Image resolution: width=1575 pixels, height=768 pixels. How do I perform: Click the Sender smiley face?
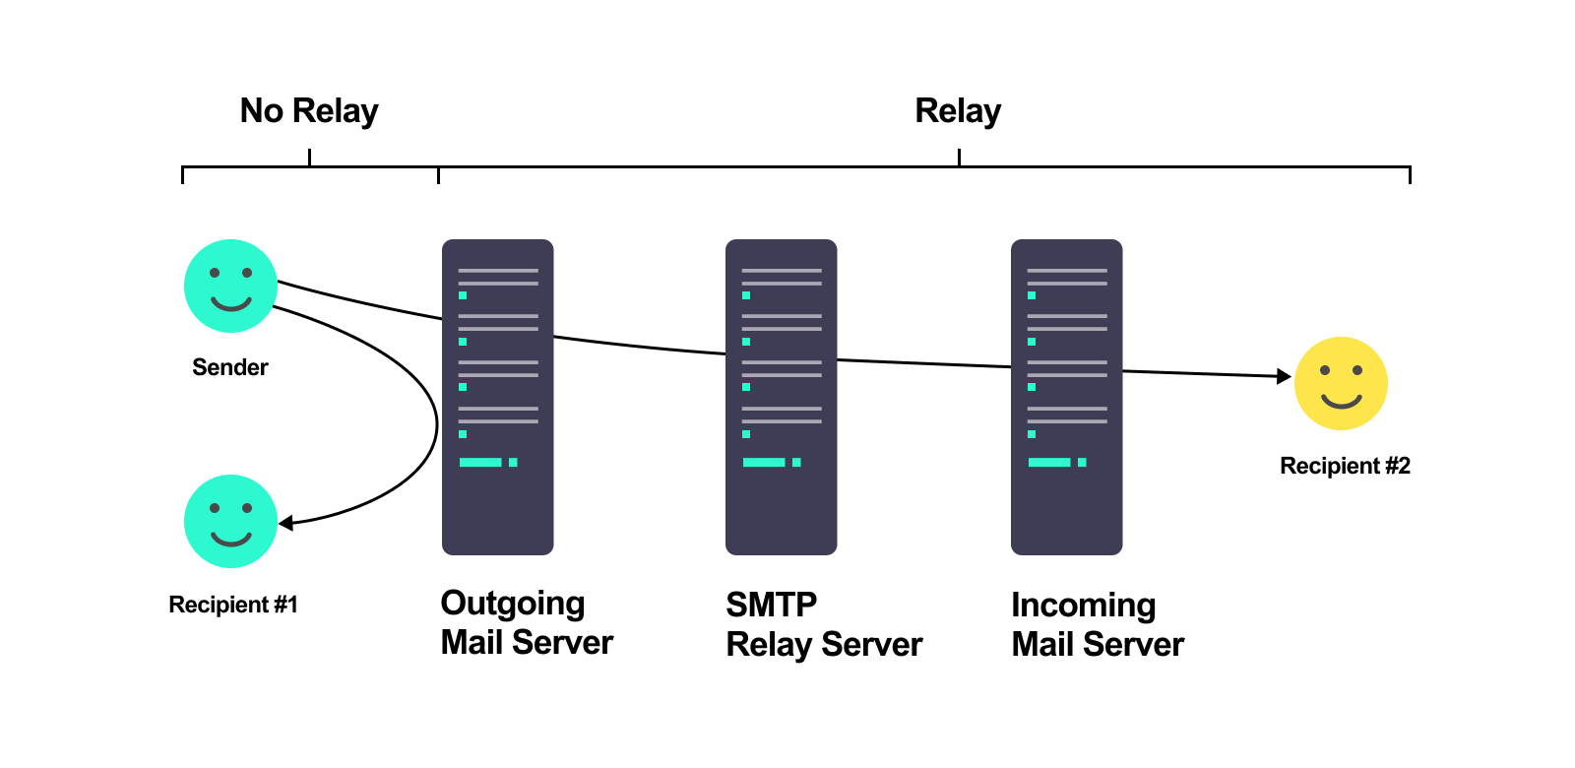click(230, 286)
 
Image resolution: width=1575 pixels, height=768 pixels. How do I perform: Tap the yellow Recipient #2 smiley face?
click(1341, 383)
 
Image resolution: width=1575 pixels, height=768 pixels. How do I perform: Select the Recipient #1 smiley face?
click(230, 521)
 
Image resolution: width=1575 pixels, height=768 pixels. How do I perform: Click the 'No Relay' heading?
click(309, 111)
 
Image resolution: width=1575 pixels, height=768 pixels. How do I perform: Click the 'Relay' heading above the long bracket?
click(958, 111)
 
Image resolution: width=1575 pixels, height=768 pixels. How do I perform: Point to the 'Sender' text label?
click(229, 367)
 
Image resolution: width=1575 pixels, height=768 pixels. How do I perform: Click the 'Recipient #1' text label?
click(233, 605)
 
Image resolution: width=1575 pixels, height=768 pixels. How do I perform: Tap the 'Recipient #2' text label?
click(1345, 466)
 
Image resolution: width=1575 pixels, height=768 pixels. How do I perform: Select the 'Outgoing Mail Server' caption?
click(527, 622)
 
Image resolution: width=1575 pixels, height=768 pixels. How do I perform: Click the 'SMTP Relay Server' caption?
click(824, 624)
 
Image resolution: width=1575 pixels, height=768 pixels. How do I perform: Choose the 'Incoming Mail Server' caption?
click(1098, 624)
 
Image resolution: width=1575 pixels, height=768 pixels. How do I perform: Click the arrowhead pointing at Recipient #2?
click(1284, 376)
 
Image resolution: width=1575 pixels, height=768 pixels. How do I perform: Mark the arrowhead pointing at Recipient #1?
click(285, 523)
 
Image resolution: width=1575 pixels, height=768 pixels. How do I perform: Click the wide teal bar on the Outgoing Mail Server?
click(480, 462)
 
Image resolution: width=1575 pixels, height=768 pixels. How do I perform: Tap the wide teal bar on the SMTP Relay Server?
click(764, 462)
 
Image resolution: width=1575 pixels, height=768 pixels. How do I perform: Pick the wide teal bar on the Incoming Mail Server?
click(1049, 462)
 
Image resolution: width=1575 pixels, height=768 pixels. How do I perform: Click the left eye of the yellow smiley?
click(1325, 370)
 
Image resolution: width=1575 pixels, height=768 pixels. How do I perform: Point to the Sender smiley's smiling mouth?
click(231, 303)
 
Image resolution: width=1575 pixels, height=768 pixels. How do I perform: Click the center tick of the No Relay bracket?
click(309, 158)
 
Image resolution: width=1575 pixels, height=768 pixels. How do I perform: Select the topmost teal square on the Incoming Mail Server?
click(1032, 295)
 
